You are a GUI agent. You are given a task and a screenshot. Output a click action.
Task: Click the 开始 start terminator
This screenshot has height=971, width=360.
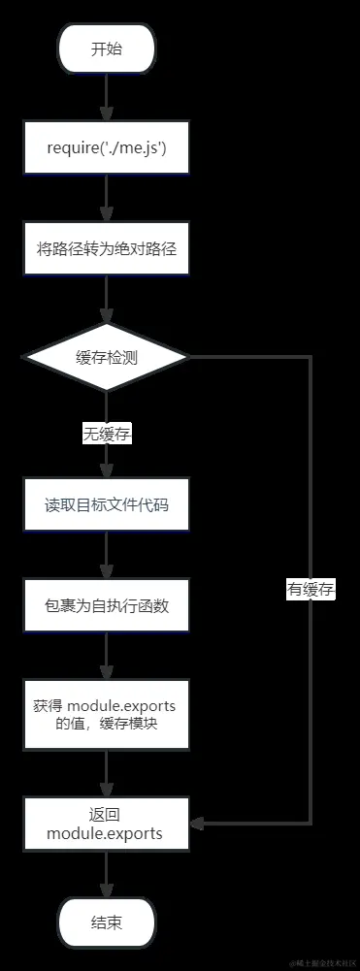coord(107,49)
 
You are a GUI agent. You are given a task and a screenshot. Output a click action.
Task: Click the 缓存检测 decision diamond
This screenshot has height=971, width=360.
coord(107,358)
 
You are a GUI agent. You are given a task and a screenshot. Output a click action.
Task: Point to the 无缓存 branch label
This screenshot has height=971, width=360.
coord(107,435)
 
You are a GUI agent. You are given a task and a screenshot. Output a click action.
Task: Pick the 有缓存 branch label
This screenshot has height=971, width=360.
coord(311,589)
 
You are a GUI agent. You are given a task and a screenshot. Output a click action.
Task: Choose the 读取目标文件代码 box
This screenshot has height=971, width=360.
coord(107,505)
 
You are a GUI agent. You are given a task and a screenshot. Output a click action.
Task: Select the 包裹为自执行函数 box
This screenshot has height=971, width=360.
coord(107,606)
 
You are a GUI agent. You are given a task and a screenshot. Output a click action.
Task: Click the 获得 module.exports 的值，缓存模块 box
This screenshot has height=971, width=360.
coord(107,714)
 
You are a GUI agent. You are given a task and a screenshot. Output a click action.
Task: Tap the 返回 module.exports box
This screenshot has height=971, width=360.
coord(107,824)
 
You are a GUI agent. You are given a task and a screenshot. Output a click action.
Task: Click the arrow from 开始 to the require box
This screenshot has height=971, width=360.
coord(107,98)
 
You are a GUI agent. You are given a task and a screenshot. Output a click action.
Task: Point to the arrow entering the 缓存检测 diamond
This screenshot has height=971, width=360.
coord(107,302)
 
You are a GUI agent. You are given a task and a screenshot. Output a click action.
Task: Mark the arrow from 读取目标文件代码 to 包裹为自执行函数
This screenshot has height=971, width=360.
coord(107,556)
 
